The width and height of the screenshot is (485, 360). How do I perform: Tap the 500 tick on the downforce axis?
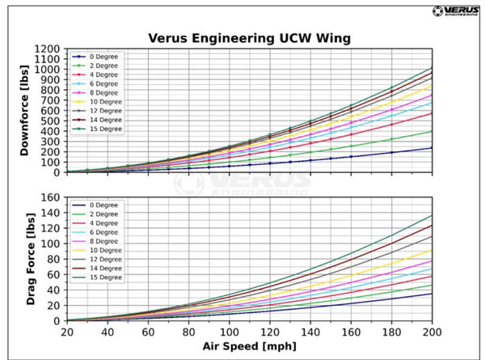50,121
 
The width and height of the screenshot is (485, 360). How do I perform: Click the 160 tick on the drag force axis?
50,197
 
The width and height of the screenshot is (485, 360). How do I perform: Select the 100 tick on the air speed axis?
229,332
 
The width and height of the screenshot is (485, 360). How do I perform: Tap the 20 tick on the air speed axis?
67,332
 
